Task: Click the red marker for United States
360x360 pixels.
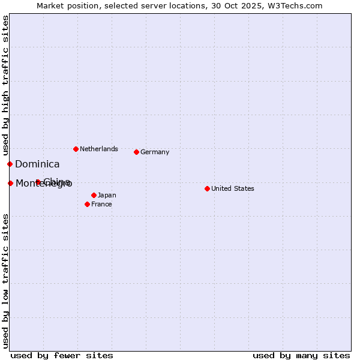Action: [x=207, y=188]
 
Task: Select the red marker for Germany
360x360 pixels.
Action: [x=136, y=152]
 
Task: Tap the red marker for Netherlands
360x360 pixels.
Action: [x=76, y=149]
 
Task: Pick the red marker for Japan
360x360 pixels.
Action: [x=94, y=195]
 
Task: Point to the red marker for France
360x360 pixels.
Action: [x=87, y=204]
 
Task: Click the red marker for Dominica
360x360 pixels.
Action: [x=10, y=164]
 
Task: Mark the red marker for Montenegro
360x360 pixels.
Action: [x=10, y=183]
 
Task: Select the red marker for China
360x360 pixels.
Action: [x=38, y=182]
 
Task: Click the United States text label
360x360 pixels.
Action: [x=232, y=188]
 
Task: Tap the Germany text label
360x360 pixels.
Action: [x=155, y=152]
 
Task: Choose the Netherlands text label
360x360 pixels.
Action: [x=98, y=149]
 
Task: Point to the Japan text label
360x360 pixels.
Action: [x=107, y=195]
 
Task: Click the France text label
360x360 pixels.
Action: [x=101, y=204]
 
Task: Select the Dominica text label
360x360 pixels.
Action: [x=37, y=164]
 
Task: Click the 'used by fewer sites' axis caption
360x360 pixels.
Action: [x=62, y=355]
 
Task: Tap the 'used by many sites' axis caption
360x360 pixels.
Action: [x=301, y=355]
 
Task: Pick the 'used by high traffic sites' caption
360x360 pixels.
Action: [x=5, y=86]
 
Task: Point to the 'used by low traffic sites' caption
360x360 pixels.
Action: [x=5, y=281]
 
